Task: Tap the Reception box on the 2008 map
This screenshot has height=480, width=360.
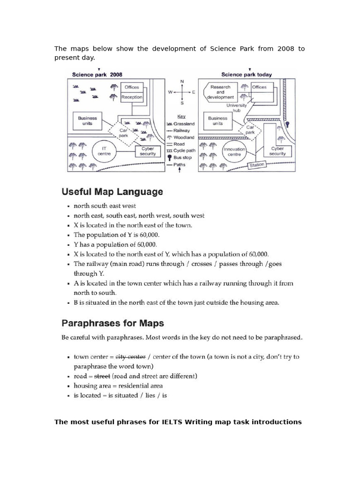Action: [x=131, y=97]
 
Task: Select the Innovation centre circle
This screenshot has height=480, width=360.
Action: [x=234, y=152]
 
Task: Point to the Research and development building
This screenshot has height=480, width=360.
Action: [x=220, y=91]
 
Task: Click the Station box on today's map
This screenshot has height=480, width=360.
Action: [x=257, y=165]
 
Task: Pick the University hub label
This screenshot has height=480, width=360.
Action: [x=236, y=108]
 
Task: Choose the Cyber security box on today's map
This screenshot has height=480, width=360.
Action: [x=277, y=151]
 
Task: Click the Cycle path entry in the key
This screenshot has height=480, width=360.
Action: [x=184, y=151]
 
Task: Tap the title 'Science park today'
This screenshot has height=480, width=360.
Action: [x=246, y=74]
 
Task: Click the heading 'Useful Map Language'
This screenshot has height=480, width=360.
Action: [x=112, y=192]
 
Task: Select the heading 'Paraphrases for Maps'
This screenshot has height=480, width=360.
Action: [x=112, y=323]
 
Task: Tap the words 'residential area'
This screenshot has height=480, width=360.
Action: [x=141, y=386]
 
